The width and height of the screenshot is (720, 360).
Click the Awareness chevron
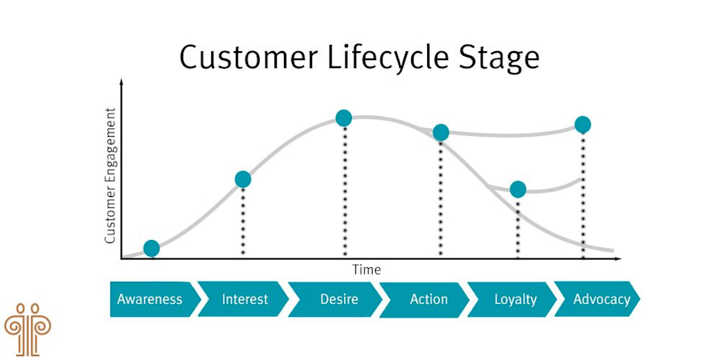[151, 300]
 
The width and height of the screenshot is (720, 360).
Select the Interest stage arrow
[243, 300]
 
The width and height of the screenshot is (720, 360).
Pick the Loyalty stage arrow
[514, 300]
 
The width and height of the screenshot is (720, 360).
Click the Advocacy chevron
[600, 300]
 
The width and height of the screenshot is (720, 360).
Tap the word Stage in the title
[498, 58]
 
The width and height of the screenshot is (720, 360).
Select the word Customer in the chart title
[243, 58]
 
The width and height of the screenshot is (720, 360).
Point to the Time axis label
[366, 270]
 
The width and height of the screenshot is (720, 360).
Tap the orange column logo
[27, 327]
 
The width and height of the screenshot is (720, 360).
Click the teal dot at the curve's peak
[344, 118]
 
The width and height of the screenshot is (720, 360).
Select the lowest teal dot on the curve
[151, 248]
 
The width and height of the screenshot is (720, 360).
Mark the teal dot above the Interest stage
[243, 179]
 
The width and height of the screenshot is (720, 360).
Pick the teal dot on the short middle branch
[518, 190]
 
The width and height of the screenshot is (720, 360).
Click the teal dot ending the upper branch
[582, 125]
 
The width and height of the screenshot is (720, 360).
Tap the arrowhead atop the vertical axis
[122, 82]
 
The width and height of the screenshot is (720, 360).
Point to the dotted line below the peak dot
[345, 192]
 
